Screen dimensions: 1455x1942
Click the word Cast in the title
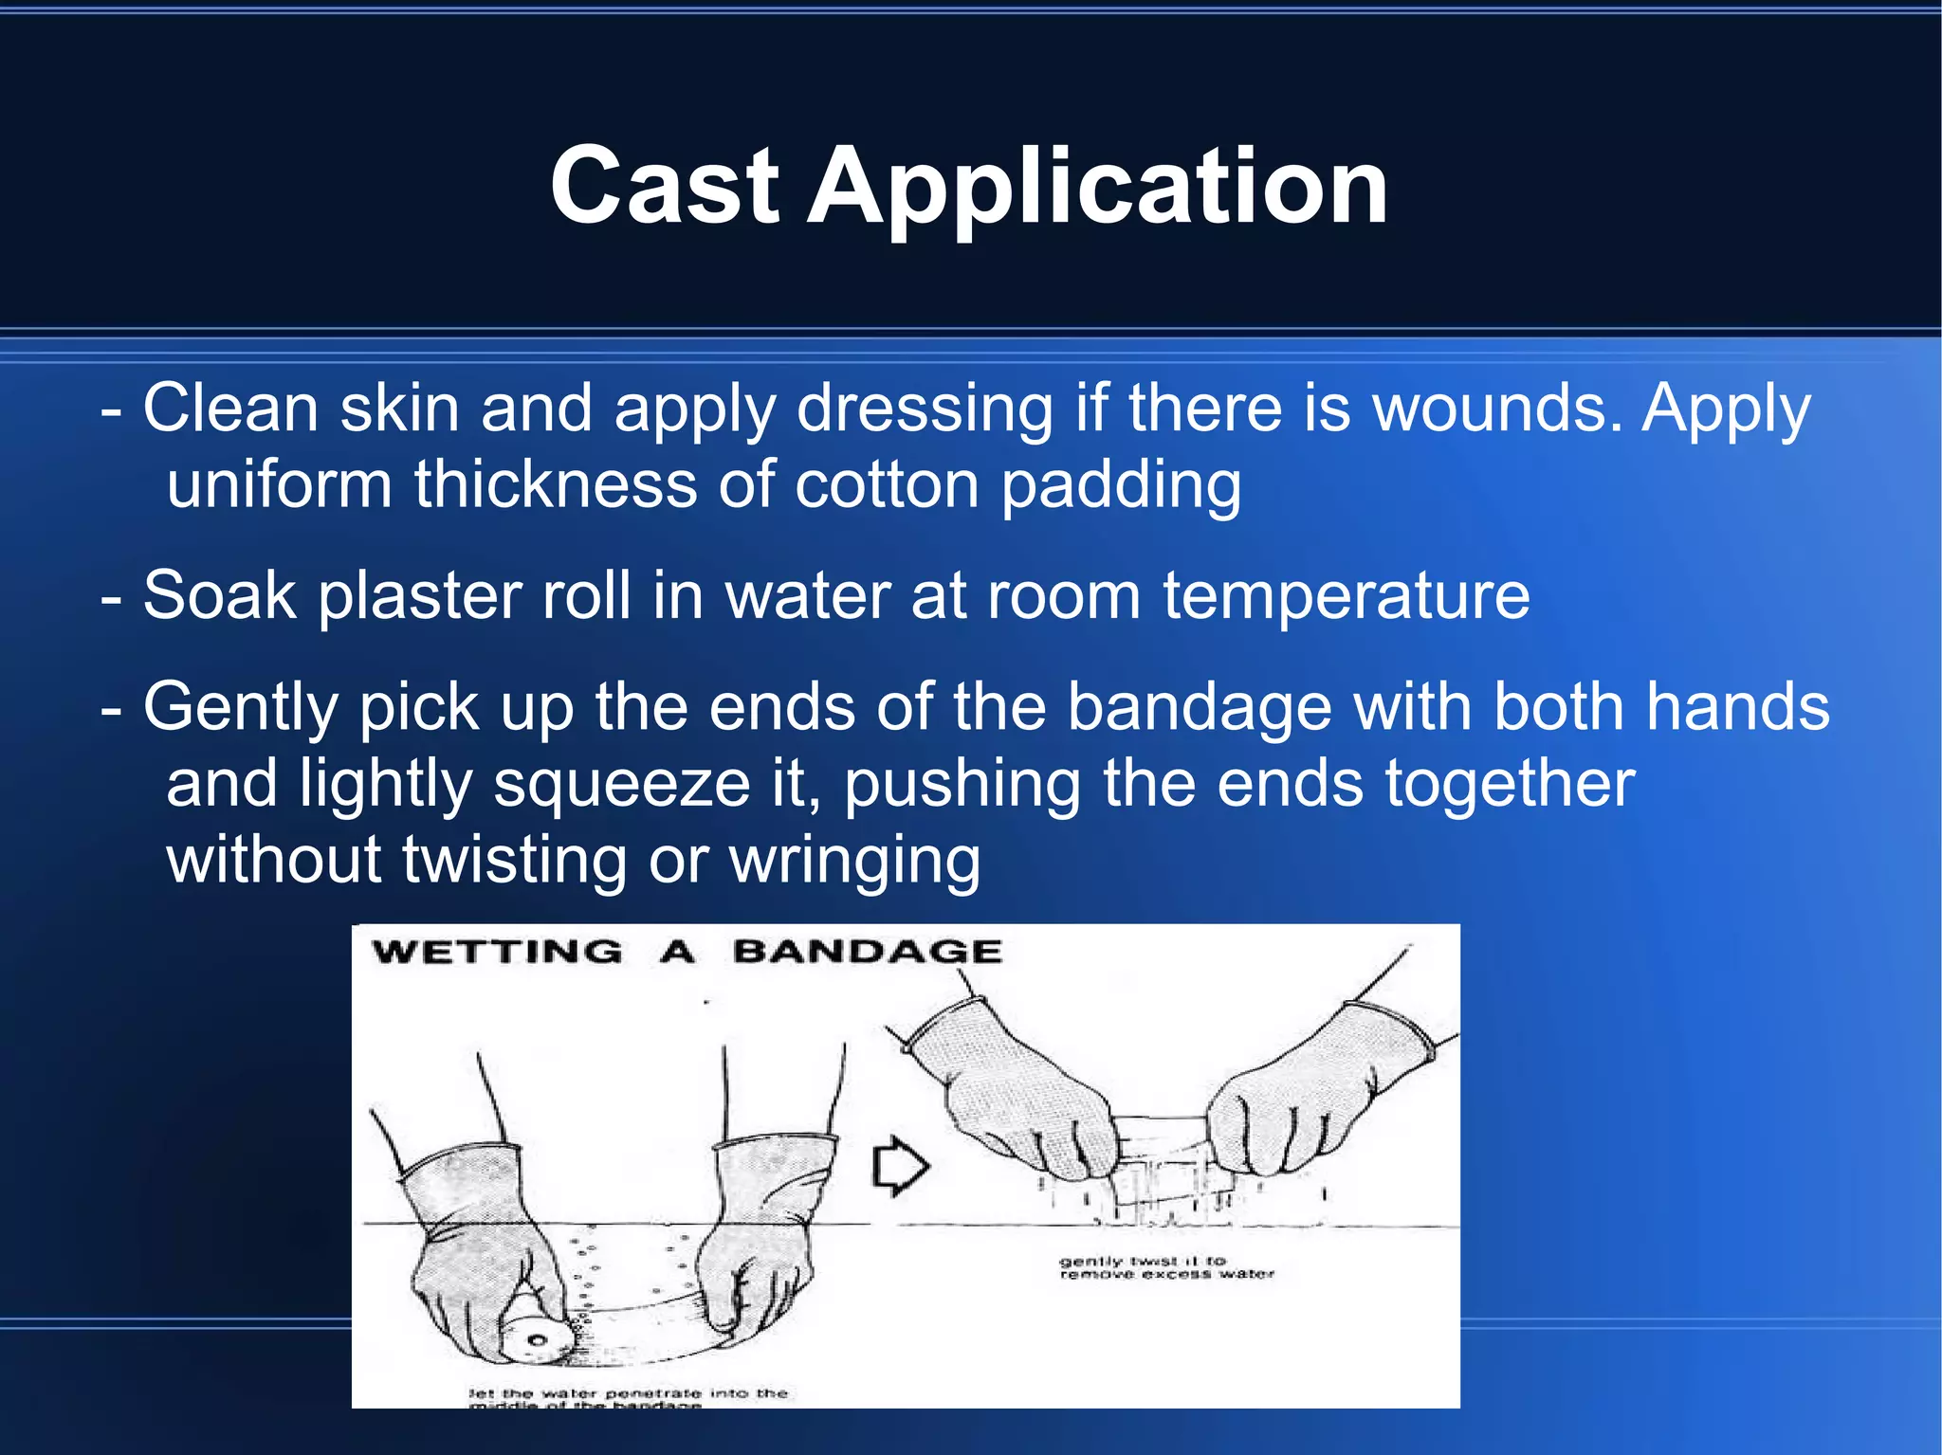[664, 187]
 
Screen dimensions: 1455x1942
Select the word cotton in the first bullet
[886, 485]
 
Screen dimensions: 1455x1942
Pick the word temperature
[1347, 597]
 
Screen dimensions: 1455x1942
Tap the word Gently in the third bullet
[241, 709]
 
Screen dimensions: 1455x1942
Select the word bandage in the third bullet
[1199, 707]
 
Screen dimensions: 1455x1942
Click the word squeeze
[622, 785]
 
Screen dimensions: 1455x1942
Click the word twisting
[514, 861]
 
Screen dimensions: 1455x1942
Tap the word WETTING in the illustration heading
[498, 952]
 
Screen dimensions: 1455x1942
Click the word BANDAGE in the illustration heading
[867, 952]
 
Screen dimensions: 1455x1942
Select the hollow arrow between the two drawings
[899, 1167]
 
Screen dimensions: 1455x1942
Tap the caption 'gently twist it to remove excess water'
[1165, 1267]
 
